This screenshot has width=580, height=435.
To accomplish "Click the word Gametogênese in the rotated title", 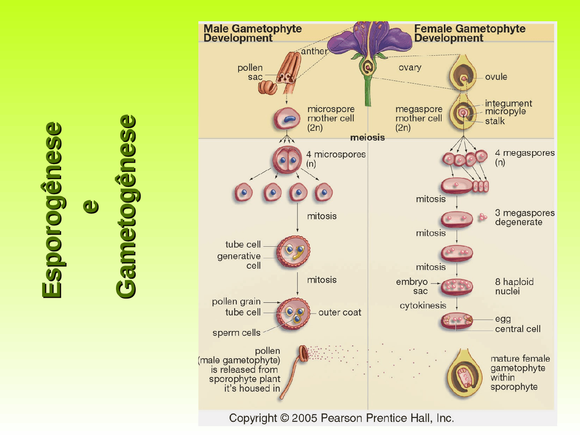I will [x=126, y=207].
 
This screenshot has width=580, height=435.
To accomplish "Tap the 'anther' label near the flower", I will [x=314, y=51].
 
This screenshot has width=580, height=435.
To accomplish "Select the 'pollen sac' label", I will [x=251, y=72].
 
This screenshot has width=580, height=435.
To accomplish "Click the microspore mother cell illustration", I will [x=287, y=119].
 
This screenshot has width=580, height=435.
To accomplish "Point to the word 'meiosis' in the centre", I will [x=367, y=137].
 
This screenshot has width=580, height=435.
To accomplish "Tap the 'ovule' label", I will [x=496, y=77].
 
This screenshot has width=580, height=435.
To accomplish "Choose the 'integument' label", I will [x=508, y=103].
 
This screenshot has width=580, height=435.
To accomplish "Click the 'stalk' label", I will [x=494, y=121].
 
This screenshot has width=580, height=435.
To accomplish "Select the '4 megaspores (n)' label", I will [x=524, y=157].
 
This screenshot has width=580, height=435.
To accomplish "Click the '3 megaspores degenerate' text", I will [x=524, y=217].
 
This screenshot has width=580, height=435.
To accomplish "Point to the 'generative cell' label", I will [x=239, y=261].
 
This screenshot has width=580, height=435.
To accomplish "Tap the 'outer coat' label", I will [x=339, y=312].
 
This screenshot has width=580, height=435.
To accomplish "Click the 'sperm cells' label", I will [x=236, y=333].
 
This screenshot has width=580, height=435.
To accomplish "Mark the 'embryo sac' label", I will [x=412, y=286].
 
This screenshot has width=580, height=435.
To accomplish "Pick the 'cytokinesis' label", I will [x=423, y=305].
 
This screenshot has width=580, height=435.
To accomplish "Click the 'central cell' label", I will [x=517, y=329].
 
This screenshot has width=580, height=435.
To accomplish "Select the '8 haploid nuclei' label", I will [x=514, y=286].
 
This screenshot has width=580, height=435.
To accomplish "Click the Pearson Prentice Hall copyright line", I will [x=341, y=418].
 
